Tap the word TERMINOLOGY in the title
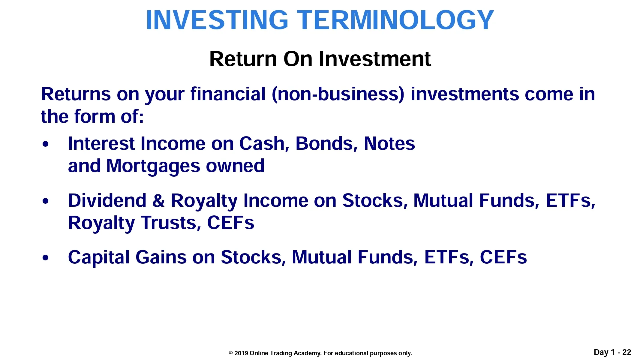[395, 20]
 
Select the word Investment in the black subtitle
[375, 59]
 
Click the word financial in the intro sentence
[228, 94]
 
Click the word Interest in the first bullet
[101, 143]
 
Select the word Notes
[389, 143]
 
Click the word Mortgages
[153, 166]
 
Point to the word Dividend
[107, 200]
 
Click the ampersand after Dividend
[158, 200]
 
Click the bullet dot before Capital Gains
[45, 257]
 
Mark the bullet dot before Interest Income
[45, 144]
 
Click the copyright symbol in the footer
[231, 353]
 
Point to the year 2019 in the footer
[241, 353]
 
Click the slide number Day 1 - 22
[612, 352]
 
